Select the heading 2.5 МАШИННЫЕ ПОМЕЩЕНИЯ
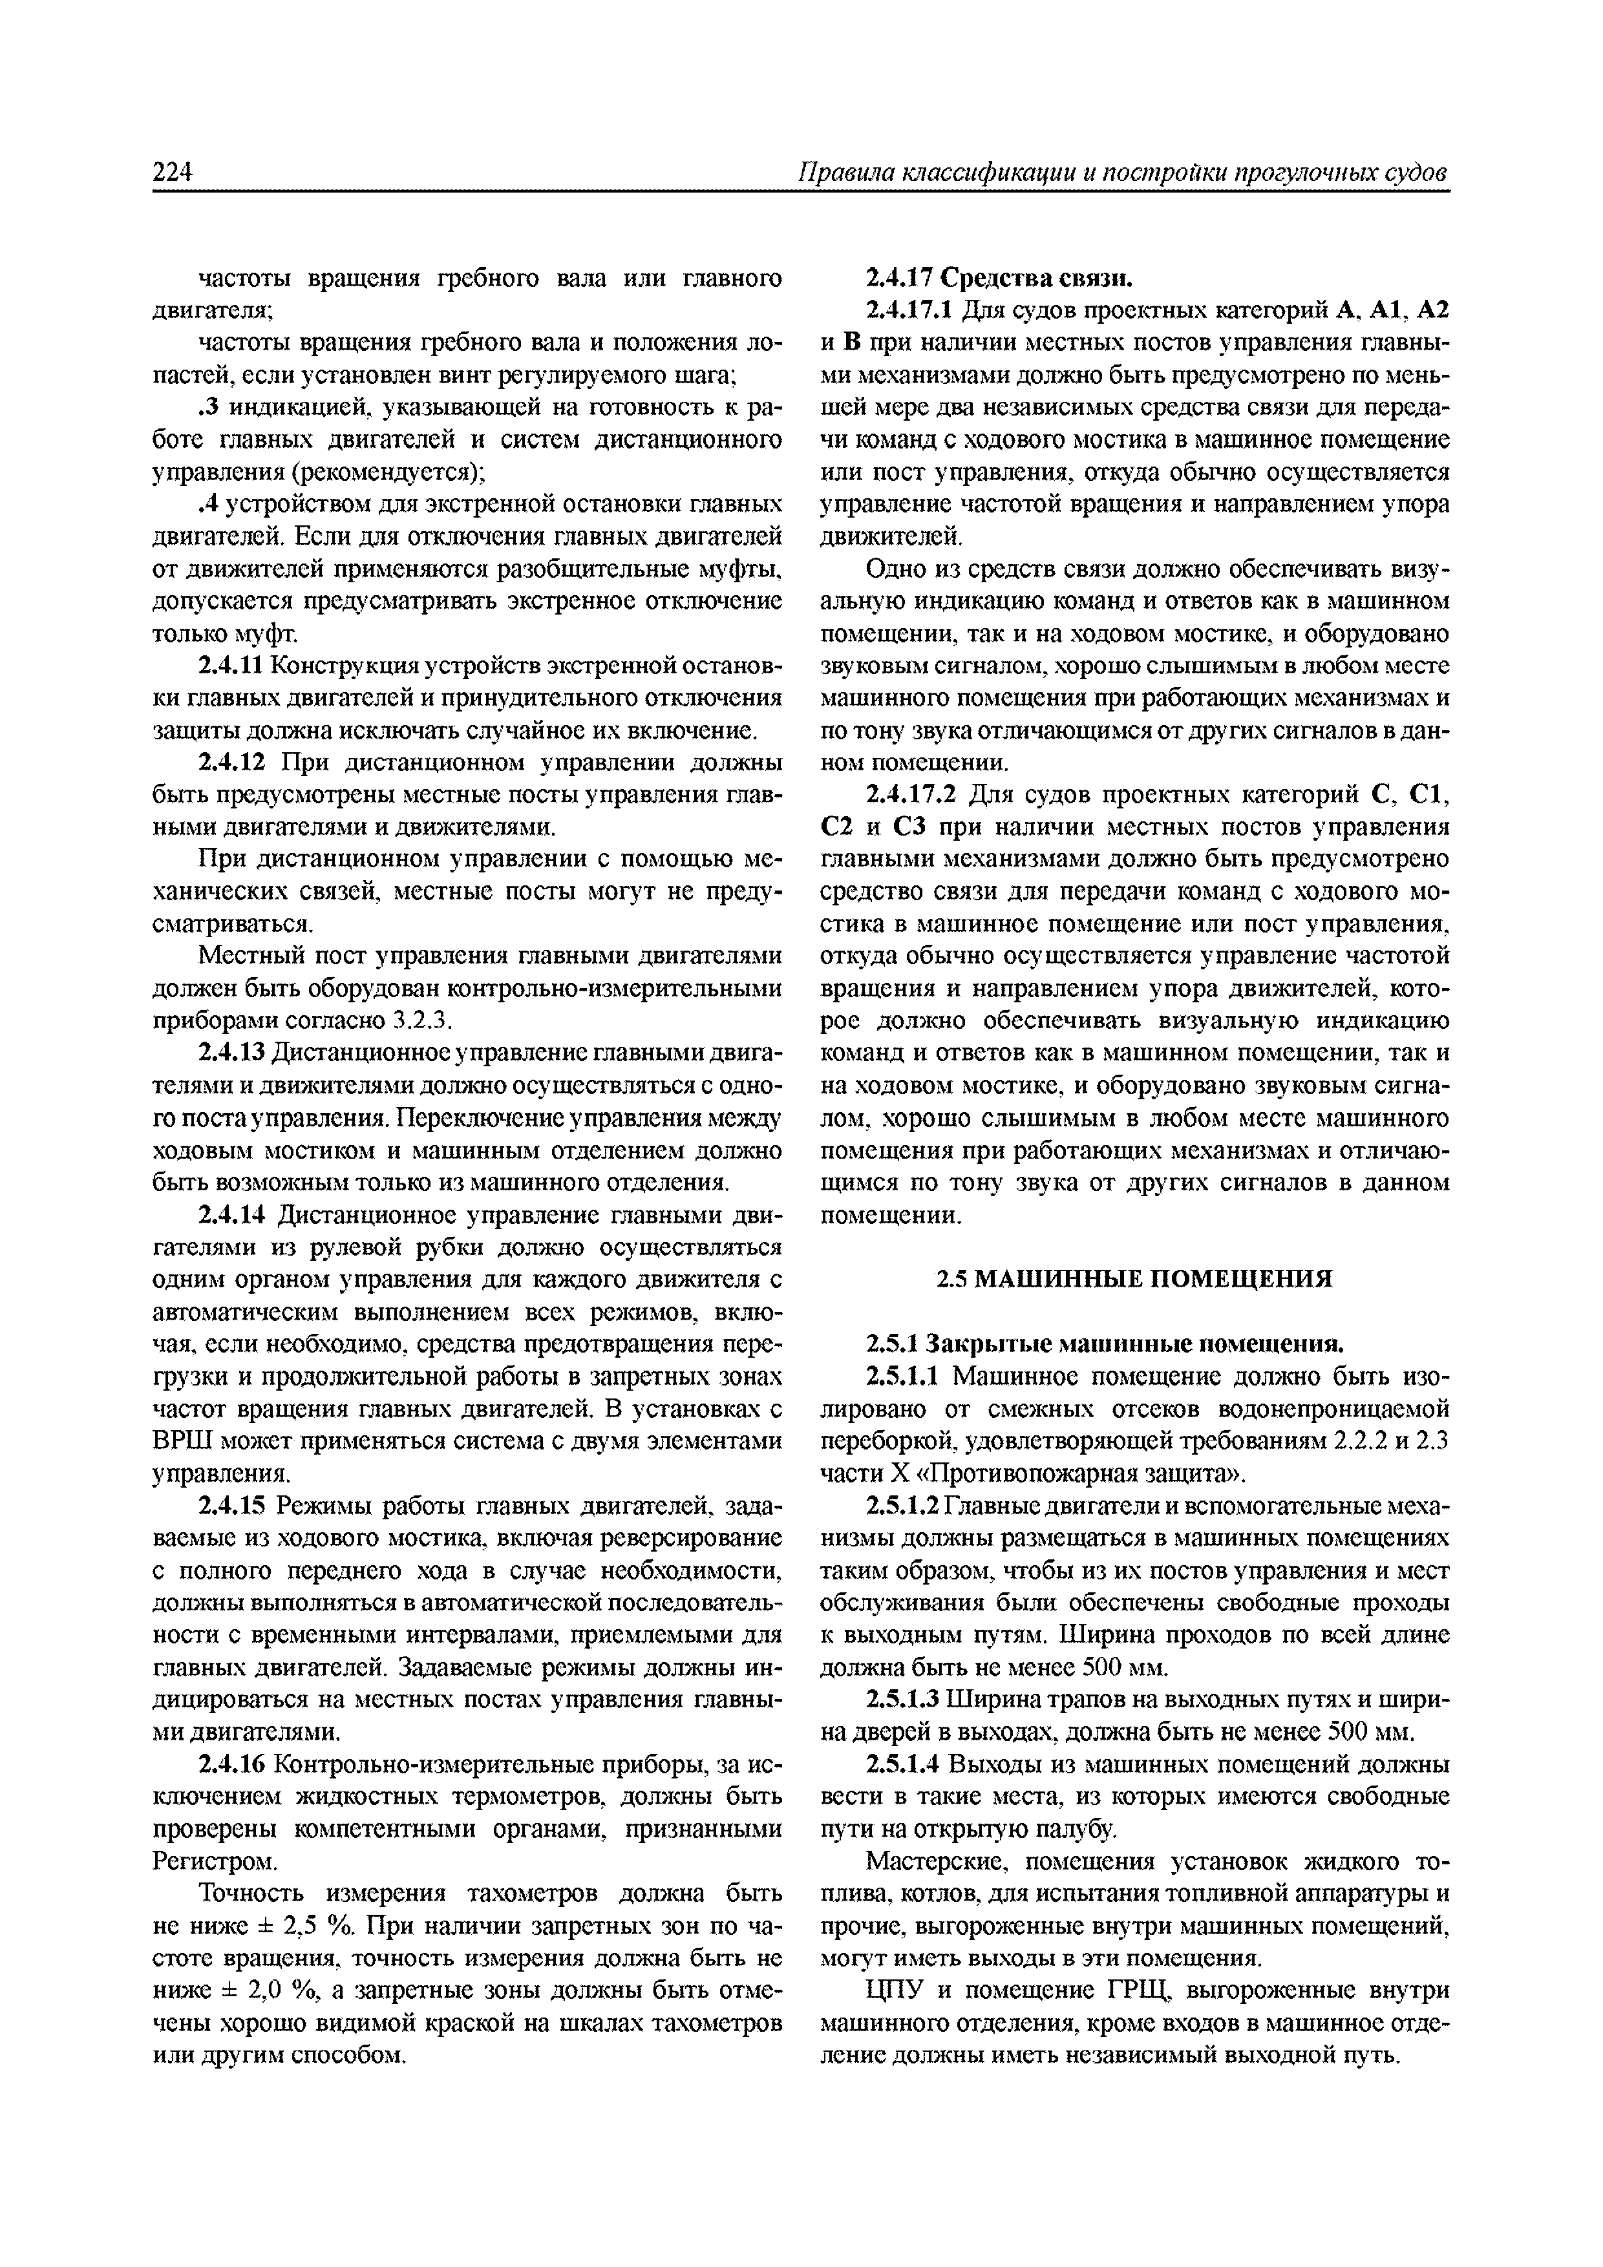click(1134, 1280)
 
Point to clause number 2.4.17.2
click(911, 795)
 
